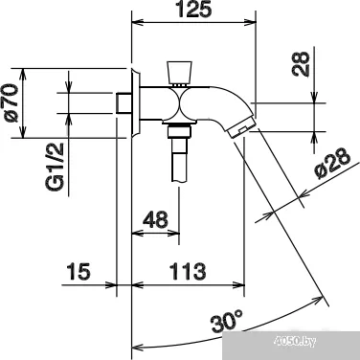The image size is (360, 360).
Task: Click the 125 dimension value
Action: coord(193,10)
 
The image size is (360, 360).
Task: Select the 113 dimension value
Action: coord(188,272)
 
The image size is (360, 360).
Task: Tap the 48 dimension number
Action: coord(155,219)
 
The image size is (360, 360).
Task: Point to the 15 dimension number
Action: coord(79,272)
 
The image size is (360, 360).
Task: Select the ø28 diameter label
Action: coord(332,163)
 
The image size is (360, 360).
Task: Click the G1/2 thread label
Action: coord(55,168)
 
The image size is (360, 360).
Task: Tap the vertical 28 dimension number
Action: coord(301,64)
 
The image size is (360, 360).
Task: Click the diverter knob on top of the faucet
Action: coord(179,72)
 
